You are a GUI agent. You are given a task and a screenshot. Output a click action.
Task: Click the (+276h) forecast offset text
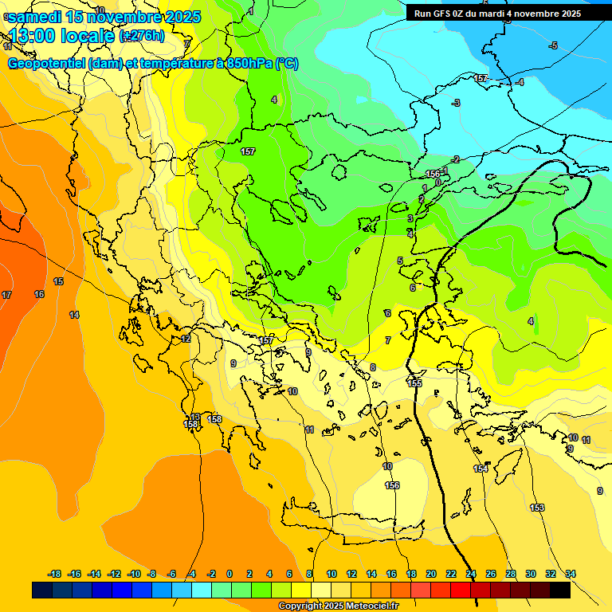142,35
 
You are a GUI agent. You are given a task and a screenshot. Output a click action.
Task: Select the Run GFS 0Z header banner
498,14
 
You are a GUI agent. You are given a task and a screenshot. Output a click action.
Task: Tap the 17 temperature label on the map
6,296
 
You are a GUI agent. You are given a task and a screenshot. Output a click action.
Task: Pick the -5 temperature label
553,45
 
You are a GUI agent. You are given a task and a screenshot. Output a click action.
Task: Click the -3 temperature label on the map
456,103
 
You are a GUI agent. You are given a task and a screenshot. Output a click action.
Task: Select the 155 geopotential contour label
414,383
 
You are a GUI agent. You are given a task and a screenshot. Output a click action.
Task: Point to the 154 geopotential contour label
481,469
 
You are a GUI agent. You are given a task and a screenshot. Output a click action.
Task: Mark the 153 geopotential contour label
537,508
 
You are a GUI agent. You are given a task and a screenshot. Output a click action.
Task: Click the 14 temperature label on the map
74,316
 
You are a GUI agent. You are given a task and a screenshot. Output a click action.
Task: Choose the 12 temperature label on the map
186,339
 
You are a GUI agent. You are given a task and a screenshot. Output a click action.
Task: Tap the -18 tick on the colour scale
55,574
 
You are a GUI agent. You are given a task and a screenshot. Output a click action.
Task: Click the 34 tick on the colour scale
571,574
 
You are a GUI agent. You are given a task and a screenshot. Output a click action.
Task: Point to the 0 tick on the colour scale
229,574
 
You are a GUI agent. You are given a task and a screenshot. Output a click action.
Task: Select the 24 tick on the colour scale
471,574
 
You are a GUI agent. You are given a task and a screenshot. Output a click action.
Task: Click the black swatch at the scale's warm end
560,590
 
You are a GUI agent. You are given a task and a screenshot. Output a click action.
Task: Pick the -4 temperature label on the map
520,82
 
